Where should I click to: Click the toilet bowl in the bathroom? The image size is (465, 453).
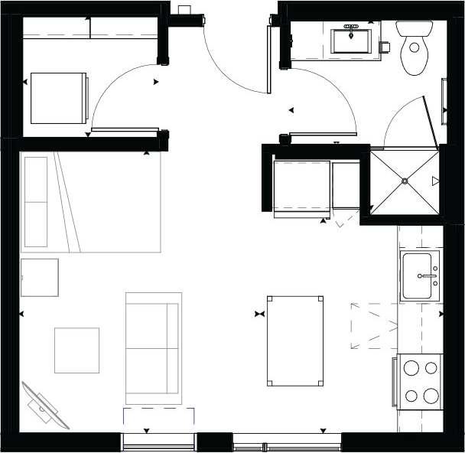pyautogui.click(x=415, y=56)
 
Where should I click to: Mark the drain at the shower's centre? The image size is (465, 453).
pyautogui.click(x=405, y=181)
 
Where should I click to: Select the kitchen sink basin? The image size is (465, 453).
pyautogui.click(x=421, y=275)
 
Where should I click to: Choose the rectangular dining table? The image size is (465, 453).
pyautogui.click(x=294, y=341)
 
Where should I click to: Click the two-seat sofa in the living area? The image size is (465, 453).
pyautogui.click(x=153, y=348)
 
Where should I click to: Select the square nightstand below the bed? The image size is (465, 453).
pyautogui.click(x=40, y=277)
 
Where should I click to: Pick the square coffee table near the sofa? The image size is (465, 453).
pyautogui.click(x=76, y=350)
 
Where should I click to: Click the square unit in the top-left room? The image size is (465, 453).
pyautogui.click(x=58, y=98)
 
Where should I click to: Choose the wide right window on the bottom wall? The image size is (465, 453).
pyautogui.click(x=287, y=442)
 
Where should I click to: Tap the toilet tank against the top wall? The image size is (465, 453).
pyautogui.click(x=415, y=28)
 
